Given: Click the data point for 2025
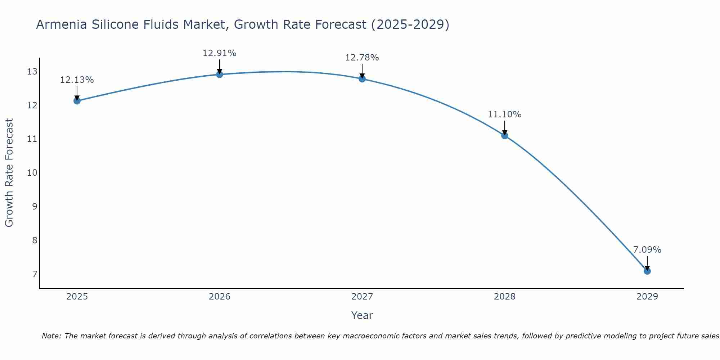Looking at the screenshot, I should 77,101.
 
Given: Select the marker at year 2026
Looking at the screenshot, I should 219,75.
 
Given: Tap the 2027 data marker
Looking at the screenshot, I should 362,79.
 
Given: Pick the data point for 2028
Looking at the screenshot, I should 504,136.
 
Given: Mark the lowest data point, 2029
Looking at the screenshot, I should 647,271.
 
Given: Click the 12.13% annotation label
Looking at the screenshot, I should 77,80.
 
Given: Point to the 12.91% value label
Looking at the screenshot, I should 219,53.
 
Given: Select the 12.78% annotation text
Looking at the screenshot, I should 362,58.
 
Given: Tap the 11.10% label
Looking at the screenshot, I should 504,114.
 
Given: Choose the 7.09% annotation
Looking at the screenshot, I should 647,250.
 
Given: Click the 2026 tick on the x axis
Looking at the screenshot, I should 219,297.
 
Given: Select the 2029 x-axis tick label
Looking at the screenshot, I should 647,297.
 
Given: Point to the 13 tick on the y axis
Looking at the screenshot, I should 32,72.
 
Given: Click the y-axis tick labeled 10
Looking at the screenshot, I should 32,173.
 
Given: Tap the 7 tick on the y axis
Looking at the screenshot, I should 35,274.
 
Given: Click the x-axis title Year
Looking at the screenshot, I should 362,315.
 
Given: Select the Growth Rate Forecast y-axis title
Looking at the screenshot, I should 9,173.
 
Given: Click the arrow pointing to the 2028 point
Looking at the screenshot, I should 504,128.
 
